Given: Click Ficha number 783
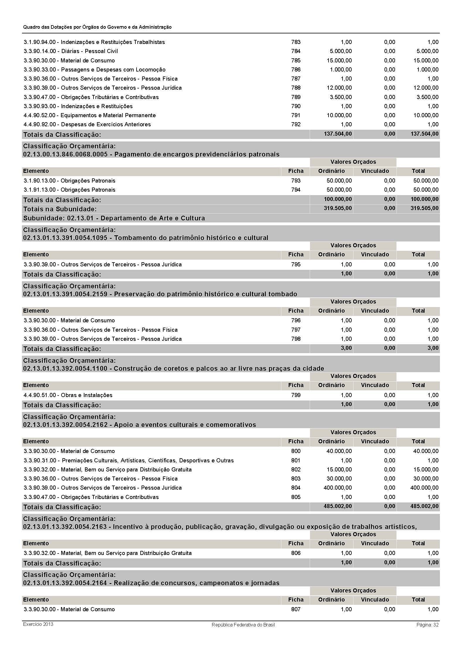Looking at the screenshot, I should (x=296, y=42).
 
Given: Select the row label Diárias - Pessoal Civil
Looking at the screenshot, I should (x=71, y=51).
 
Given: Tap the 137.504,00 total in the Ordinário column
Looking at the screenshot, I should (x=338, y=134).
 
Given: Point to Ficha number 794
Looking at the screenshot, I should (x=296, y=190).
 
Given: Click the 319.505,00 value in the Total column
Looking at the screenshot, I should (x=425, y=208).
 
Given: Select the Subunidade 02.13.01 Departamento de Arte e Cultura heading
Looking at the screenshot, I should (x=114, y=218).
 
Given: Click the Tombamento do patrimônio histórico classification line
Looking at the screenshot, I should (x=145, y=238).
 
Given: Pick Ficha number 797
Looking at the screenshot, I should (x=296, y=330).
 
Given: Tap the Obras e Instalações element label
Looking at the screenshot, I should (x=68, y=395).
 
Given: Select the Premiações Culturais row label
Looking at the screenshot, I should (x=129, y=460).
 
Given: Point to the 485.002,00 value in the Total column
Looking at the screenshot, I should (x=425, y=506).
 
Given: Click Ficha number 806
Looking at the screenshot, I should (x=296, y=553).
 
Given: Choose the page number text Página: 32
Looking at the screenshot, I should (x=427, y=624).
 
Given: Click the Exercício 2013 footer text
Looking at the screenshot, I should (x=38, y=624).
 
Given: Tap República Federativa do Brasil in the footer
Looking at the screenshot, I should (x=243, y=625).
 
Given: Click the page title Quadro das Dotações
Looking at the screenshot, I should (x=97, y=27).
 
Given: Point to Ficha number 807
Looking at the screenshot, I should (x=296, y=609).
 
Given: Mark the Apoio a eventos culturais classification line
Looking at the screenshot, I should (x=139, y=425).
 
